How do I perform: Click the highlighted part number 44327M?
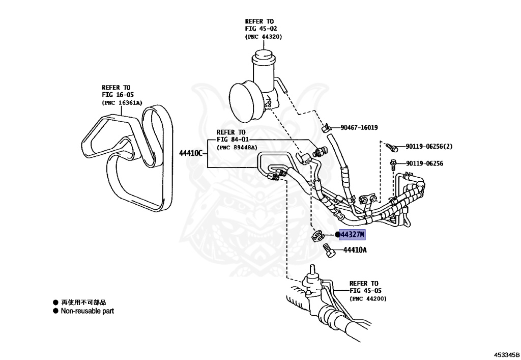[x=353, y=235]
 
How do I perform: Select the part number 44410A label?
[x=355, y=250]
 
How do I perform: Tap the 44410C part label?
[x=192, y=153]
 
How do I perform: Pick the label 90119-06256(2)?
[x=429, y=147]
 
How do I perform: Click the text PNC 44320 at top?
[x=263, y=37]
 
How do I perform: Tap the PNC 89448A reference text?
[x=237, y=147]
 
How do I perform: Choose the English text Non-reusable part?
[x=87, y=311]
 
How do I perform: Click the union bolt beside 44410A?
[x=330, y=252]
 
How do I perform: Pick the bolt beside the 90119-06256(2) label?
[x=392, y=147]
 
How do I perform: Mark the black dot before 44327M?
[x=337, y=235]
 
